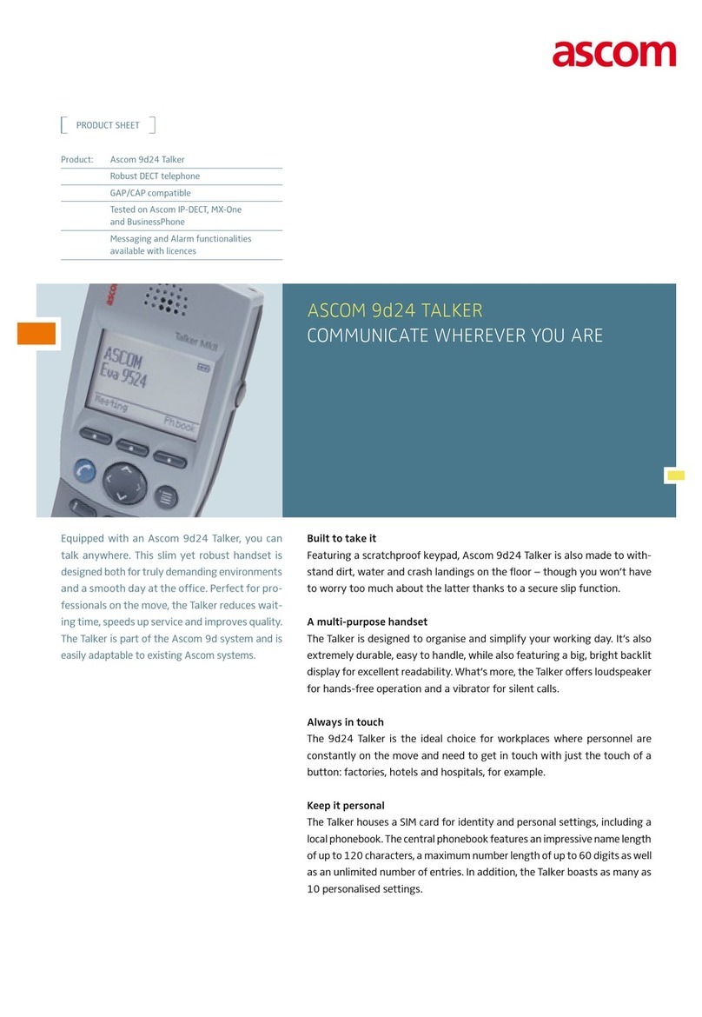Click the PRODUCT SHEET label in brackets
[x=108, y=125]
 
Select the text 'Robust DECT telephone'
[x=155, y=176]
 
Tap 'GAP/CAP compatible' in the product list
[x=150, y=193]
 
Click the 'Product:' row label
[x=76, y=160]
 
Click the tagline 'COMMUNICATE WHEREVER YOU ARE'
[x=454, y=336]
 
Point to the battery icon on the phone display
[x=204, y=368]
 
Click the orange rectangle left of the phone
[x=36, y=333]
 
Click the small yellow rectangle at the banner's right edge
[x=675, y=475]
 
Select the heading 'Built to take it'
[x=341, y=539]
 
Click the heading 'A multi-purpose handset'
[x=367, y=621]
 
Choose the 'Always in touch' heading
[x=345, y=722]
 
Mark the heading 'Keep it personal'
[x=346, y=806]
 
